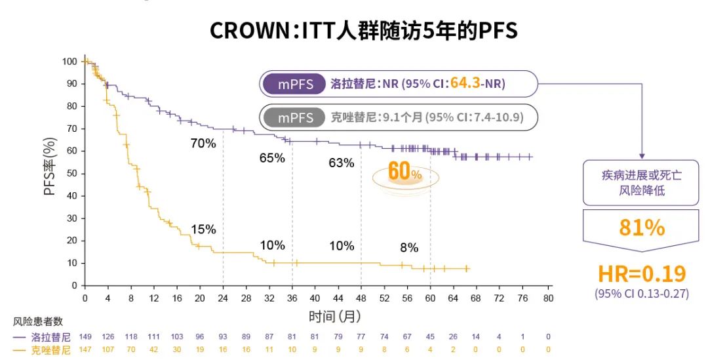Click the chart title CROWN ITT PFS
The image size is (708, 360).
click(363, 30)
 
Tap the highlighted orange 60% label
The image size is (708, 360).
click(404, 172)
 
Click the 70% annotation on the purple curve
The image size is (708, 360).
click(203, 144)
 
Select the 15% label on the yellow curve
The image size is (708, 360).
click(203, 229)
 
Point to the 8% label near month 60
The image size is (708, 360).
click(409, 248)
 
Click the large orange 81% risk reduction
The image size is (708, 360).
click(642, 227)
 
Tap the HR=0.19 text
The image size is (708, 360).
click(642, 273)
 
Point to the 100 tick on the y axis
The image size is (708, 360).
click(69, 62)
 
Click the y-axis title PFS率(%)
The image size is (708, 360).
click(50, 173)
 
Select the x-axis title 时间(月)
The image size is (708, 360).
click(335, 316)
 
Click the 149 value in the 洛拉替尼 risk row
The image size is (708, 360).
click(85, 337)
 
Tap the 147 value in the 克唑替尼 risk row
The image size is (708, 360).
click(85, 350)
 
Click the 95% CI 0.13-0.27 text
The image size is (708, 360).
click(642, 294)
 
